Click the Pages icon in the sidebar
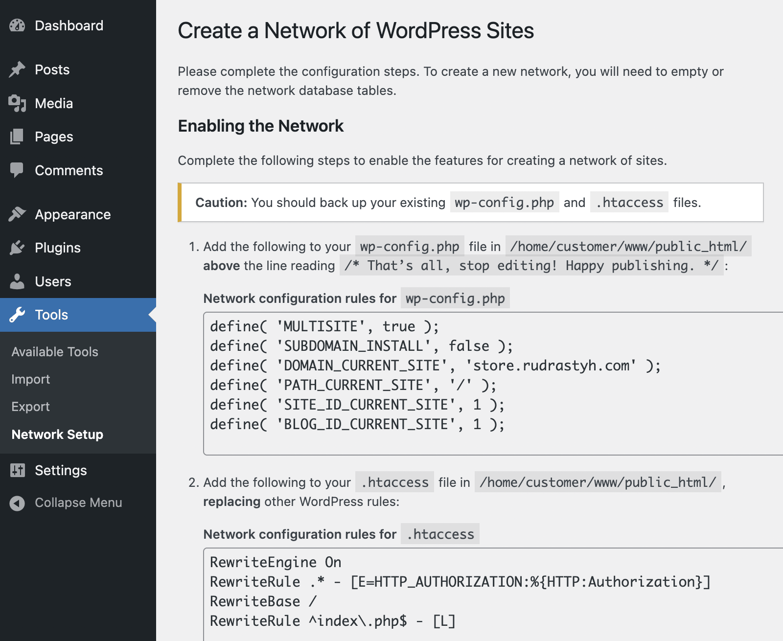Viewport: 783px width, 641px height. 17,137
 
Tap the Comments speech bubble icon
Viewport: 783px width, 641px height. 17,170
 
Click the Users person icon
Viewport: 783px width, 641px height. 17,281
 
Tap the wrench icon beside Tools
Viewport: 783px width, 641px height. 17,315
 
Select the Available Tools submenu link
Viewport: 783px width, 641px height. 55,351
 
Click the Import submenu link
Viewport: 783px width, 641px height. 30,379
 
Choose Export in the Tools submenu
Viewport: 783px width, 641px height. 30,407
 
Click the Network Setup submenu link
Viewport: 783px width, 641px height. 57,434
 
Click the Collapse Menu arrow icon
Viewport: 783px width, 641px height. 17,503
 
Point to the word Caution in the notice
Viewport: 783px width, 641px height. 221,203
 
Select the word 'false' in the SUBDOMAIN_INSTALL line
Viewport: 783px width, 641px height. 469,346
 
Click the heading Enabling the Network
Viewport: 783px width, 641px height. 261,126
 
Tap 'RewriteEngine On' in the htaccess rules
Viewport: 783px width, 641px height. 276,562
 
